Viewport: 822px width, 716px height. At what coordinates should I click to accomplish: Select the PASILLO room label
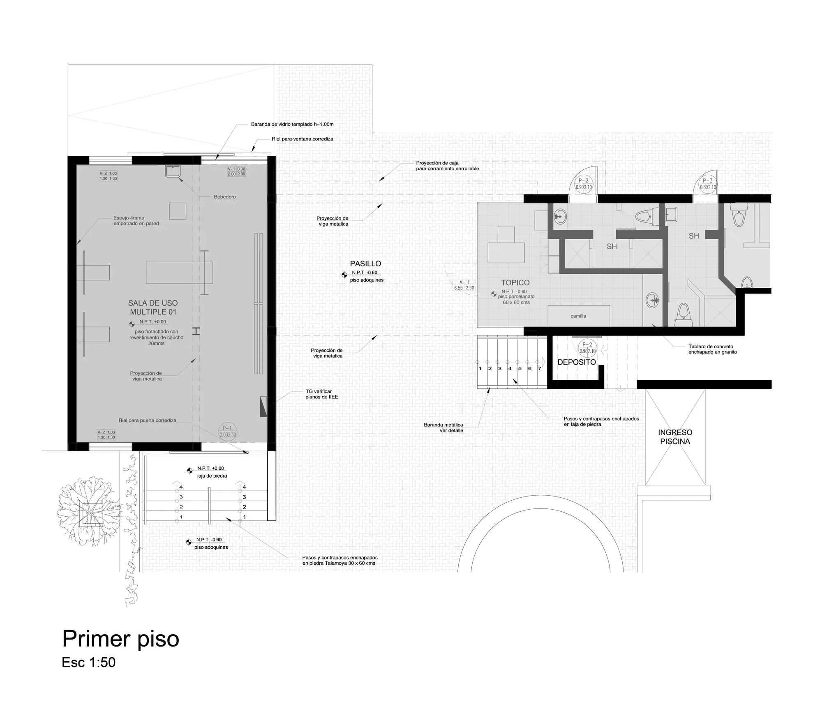coord(365,264)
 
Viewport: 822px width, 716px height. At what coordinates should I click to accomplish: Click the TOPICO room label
coord(515,283)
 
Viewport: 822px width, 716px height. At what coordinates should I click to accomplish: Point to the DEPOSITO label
coord(577,362)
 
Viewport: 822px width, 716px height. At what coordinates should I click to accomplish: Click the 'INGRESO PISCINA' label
coord(675,437)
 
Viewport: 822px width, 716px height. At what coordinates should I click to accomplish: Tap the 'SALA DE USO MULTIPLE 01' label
coord(153,307)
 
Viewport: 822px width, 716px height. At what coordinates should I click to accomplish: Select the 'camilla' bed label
coord(578,316)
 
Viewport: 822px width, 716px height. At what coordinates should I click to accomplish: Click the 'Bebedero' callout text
coord(225,197)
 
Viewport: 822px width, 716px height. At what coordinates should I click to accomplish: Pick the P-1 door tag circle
coord(228,431)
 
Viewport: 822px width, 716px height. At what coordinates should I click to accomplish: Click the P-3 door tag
coord(708,184)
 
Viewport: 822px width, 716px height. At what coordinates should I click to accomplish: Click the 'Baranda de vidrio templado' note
coord(292,124)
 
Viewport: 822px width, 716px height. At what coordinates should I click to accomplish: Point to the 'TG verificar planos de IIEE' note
coord(321,394)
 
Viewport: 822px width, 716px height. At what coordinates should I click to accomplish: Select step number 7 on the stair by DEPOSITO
coord(540,369)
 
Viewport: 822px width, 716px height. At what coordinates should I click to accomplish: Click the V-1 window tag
coord(237,171)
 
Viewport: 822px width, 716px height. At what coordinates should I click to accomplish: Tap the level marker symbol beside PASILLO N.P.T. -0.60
coord(344,275)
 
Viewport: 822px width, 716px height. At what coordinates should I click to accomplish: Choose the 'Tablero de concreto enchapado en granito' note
coord(713,349)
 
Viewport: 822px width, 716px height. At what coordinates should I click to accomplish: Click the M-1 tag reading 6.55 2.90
coord(464,285)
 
